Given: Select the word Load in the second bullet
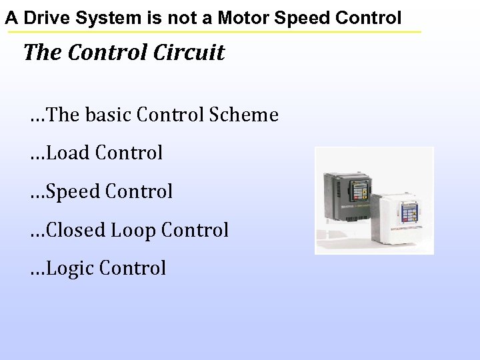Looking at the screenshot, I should [x=70, y=153].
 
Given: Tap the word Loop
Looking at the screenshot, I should [x=133, y=230].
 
